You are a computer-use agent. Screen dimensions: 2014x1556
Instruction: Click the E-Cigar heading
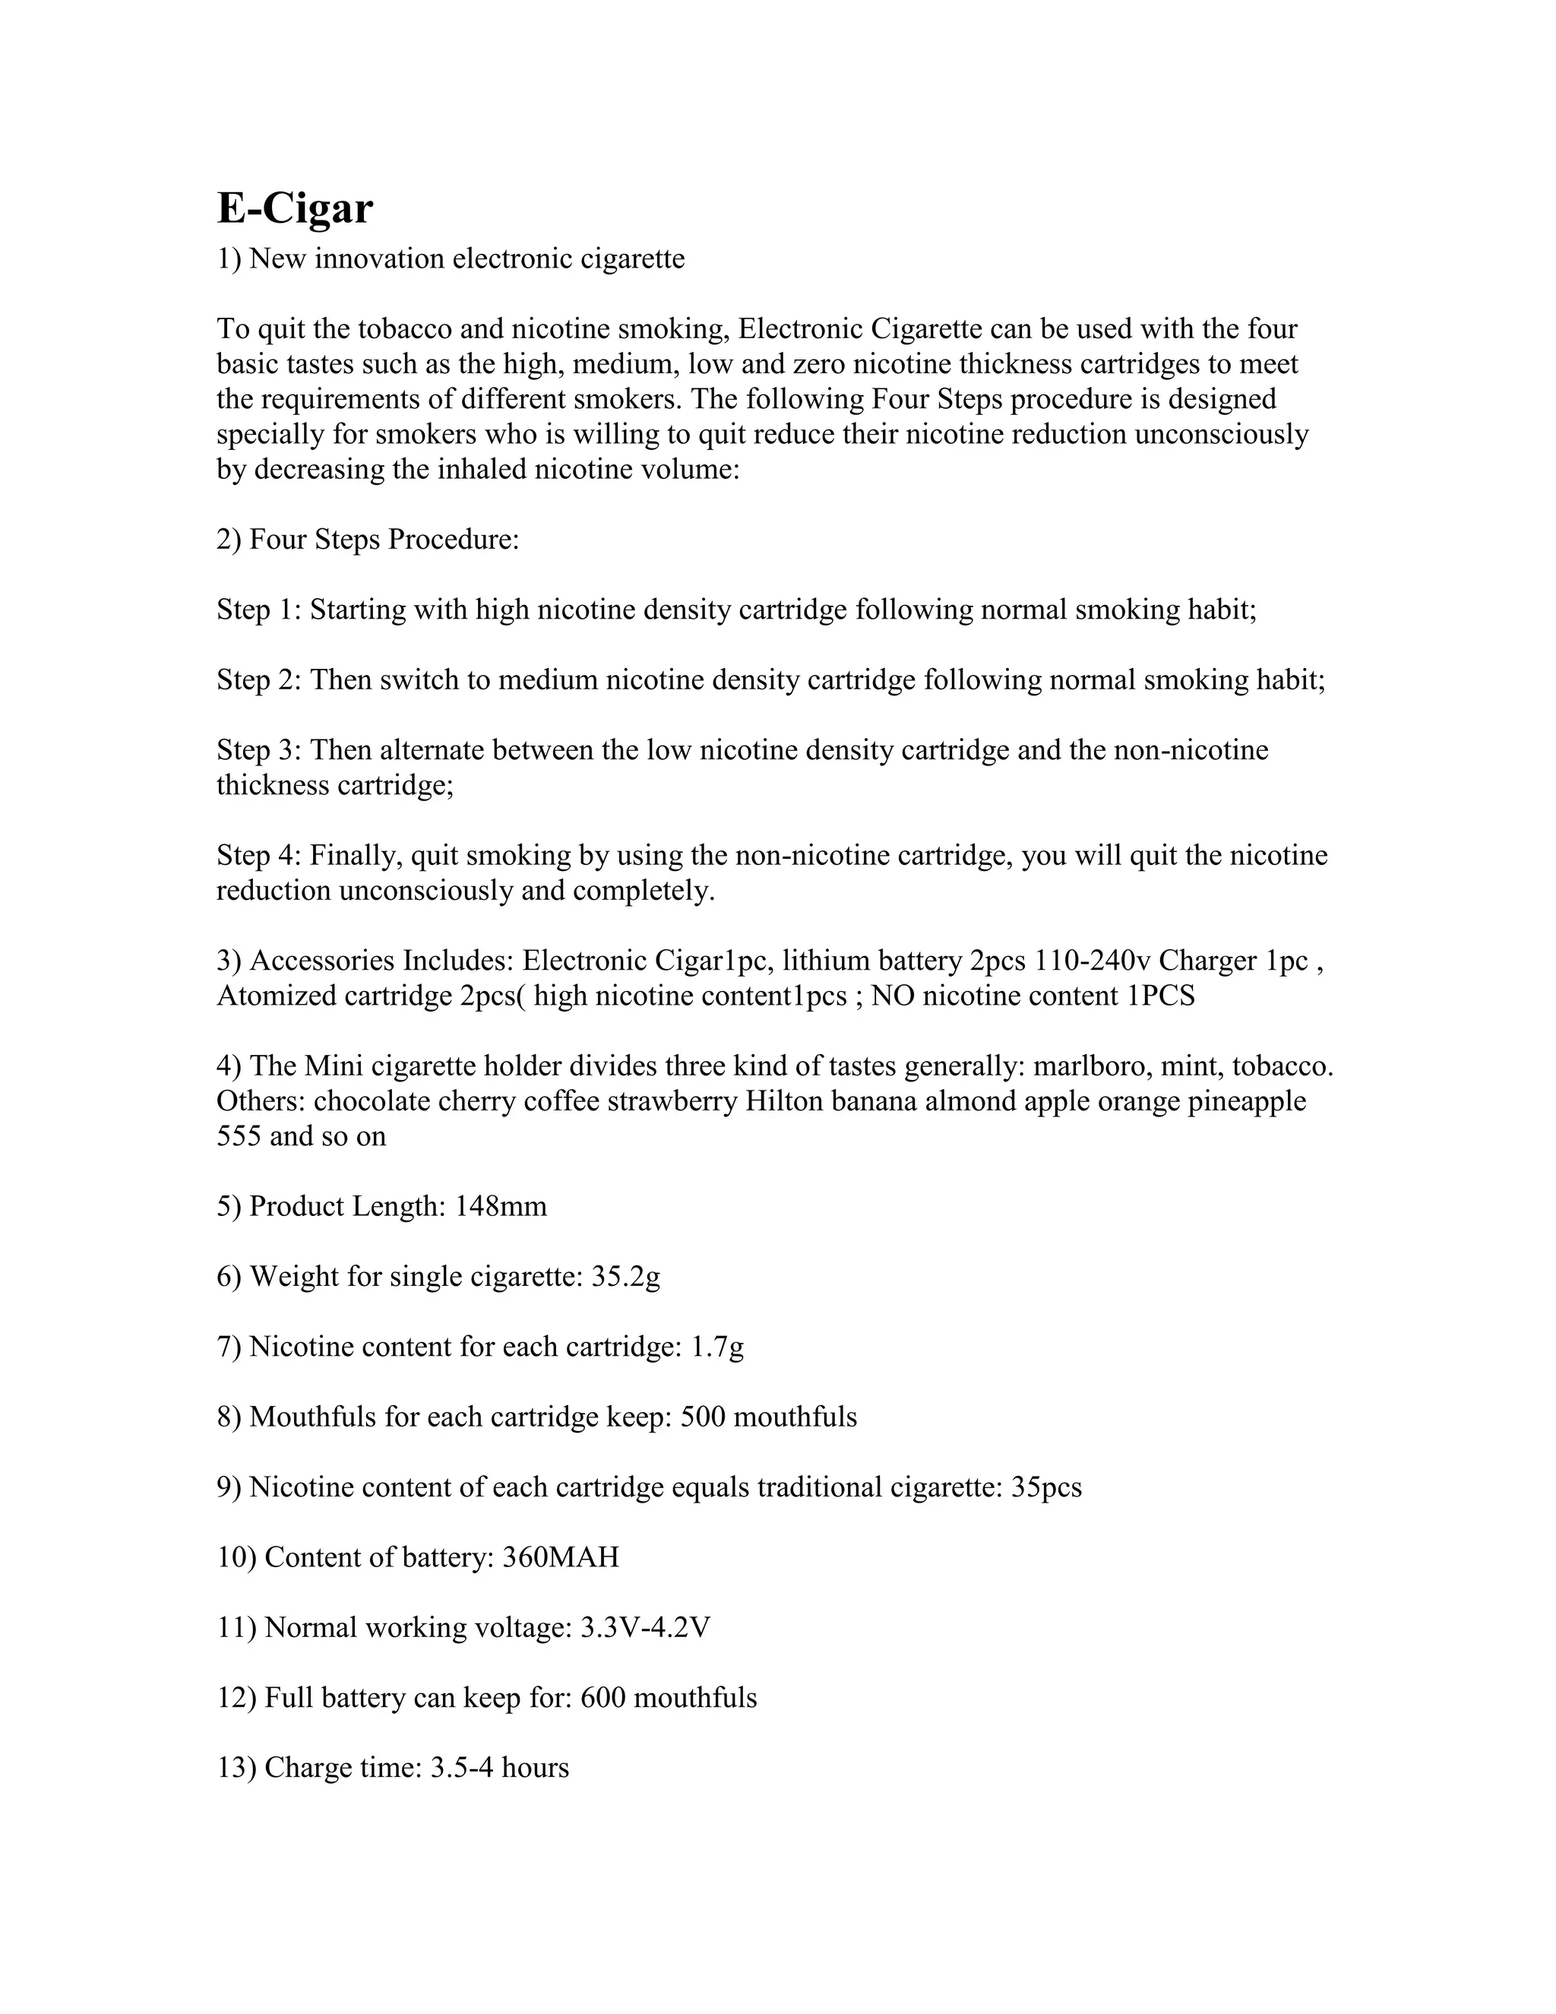point(295,208)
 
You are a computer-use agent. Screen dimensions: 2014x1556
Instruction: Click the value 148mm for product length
point(501,1206)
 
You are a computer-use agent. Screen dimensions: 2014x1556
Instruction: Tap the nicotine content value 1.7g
point(717,1347)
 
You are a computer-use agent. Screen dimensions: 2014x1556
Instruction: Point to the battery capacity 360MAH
point(561,1556)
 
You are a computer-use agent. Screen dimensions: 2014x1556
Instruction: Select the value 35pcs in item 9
point(1046,1487)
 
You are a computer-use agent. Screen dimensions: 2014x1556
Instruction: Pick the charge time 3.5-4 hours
point(500,1767)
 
